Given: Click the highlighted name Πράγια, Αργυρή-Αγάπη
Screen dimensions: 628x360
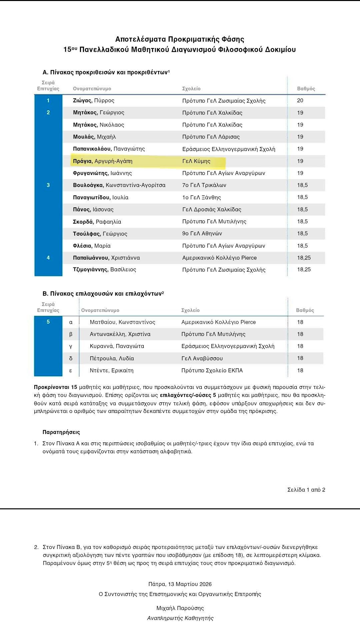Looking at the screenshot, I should [x=103, y=161].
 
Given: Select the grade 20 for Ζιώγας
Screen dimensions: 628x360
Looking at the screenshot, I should [x=300, y=101].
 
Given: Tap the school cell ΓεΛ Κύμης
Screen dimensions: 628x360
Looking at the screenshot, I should [x=196, y=161].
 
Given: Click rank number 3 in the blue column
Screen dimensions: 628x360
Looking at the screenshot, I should [x=48, y=185].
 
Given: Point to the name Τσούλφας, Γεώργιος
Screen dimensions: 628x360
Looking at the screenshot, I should [x=100, y=234].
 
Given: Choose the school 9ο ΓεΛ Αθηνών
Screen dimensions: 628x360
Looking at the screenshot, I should [x=202, y=234].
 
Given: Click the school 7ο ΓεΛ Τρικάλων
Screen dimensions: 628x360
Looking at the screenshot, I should [x=204, y=185].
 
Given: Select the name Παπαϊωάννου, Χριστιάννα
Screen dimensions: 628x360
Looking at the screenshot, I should [x=106, y=258].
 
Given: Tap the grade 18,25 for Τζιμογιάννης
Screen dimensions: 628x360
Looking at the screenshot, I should [x=304, y=270].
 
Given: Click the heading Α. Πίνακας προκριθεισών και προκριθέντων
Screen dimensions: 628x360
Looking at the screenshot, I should [x=106, y=72].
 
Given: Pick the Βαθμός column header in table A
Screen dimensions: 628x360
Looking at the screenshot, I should [x=306, y=89].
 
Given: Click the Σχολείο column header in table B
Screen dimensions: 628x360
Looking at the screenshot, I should [x=190, y=310].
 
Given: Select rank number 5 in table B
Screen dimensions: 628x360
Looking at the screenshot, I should [x=48, y=322].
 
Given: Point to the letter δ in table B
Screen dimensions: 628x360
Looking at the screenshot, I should [x=71, y=358].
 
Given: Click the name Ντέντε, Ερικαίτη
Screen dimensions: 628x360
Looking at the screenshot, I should [x=111, y=370].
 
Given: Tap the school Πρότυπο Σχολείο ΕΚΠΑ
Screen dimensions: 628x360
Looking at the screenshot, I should [x=212, y=370].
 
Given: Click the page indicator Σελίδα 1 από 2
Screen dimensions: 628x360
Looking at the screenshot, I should [x=306, y=490].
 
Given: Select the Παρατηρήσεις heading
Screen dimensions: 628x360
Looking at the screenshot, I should [x=61, y=432].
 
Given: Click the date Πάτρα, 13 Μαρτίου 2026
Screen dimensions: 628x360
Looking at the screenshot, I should [x=180, y=584].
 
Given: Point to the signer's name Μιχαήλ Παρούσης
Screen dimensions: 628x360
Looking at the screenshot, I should [x=180, y=608].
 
